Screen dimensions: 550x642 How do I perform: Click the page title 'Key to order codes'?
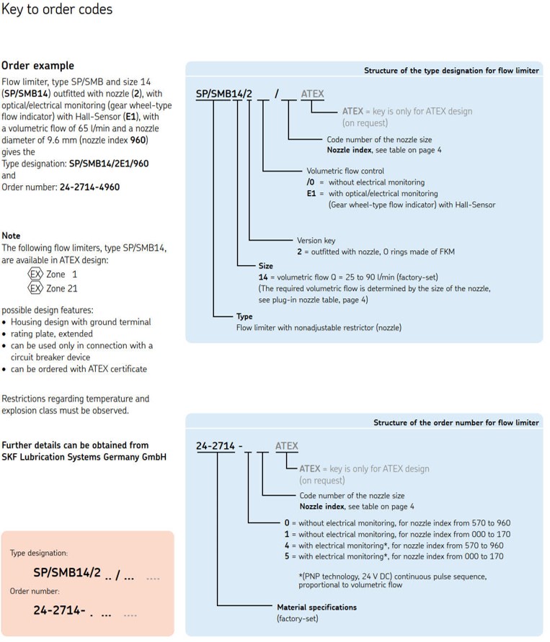[x=57, y=9]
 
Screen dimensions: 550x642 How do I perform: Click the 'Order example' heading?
[x=37, y=66]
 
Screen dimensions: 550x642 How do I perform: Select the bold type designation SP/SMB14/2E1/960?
[x=109, y=164]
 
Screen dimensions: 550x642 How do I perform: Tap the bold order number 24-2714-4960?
[x=89, y=187]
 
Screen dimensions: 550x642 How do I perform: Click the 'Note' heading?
[x=11, y=236]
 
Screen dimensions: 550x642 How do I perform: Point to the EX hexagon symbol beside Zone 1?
[x=35, y=274]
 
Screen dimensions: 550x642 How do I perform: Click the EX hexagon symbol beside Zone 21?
[x=35, y=288]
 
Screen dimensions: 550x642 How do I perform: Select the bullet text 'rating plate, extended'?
[x=52, y=334]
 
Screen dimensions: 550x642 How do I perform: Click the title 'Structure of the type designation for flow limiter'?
[x=451, y=71]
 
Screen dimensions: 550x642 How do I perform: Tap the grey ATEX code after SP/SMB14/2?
[x=312, y=94]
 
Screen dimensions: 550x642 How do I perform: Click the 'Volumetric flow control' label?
[x=345, y=171]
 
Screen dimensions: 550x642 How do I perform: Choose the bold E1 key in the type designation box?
[x=311, y=193]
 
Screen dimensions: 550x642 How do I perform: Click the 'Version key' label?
[x=316, y=241]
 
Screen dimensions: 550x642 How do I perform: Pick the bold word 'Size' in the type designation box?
[x=266, y=266]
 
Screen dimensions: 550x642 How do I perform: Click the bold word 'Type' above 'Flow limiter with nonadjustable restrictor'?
[x=244, y=316]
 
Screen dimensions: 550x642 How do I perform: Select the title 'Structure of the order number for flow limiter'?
[x=456, y=422]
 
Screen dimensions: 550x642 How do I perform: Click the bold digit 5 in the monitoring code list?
[x=287, y=556]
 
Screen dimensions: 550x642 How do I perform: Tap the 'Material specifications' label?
[x=316, y=607]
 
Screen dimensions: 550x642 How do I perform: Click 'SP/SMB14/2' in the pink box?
[x=67, y=572]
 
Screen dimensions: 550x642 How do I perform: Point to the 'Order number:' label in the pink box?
[x=35, y=592]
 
